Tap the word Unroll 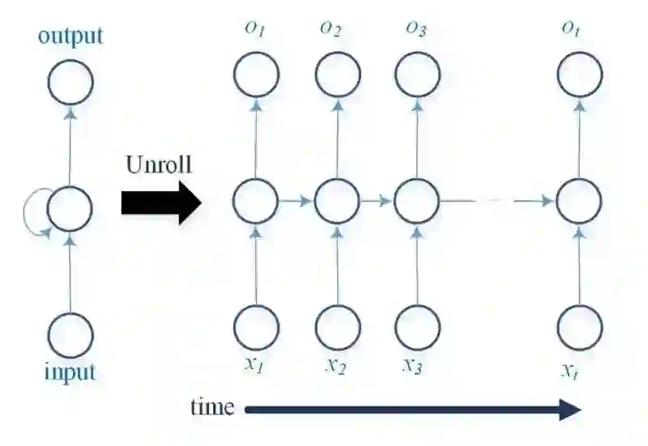(x=160, y=164)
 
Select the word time (x=212, y=406)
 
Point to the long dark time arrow (x=413, y=410)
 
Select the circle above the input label (x=70, y=333)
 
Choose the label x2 (x=336, y=366)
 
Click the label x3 (x=412, y=364)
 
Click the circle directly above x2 (x=337, y=327)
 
